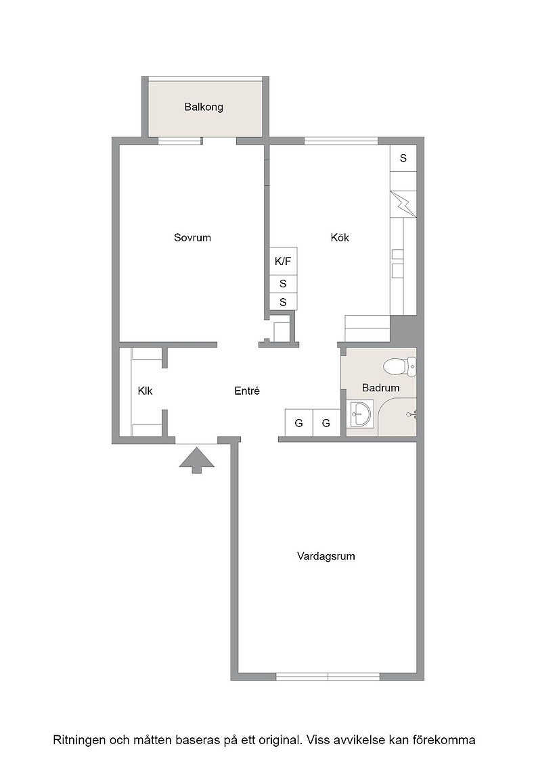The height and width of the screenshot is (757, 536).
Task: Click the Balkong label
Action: (x=204, y=107)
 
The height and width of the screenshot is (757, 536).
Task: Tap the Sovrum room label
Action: (x=192, y=237)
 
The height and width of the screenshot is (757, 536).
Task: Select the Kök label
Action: (x=340, y=237)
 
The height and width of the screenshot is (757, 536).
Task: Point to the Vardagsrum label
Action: (x=326, y=556)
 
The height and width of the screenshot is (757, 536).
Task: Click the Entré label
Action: (x=247, y=391)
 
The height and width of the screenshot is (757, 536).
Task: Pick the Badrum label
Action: (x=380, y=388)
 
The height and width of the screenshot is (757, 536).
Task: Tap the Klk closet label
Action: (x=145, y=391)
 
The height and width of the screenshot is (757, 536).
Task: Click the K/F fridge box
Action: (x=283, y=262)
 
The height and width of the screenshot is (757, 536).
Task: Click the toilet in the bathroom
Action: (x=400, y=366)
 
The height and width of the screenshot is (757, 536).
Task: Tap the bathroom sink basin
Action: (x=359, y=415)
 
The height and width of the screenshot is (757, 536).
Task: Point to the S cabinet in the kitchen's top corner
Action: (x=403, y=158)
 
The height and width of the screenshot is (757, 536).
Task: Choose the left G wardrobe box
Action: (x=298, y=423)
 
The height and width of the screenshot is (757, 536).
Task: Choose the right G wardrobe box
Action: (x=326, y=423)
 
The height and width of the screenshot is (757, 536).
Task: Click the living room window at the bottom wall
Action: (x=328, y=677)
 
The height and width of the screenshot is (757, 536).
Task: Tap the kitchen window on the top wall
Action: (x=341, y=141)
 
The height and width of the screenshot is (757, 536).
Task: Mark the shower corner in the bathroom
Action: (x=397, y=416)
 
